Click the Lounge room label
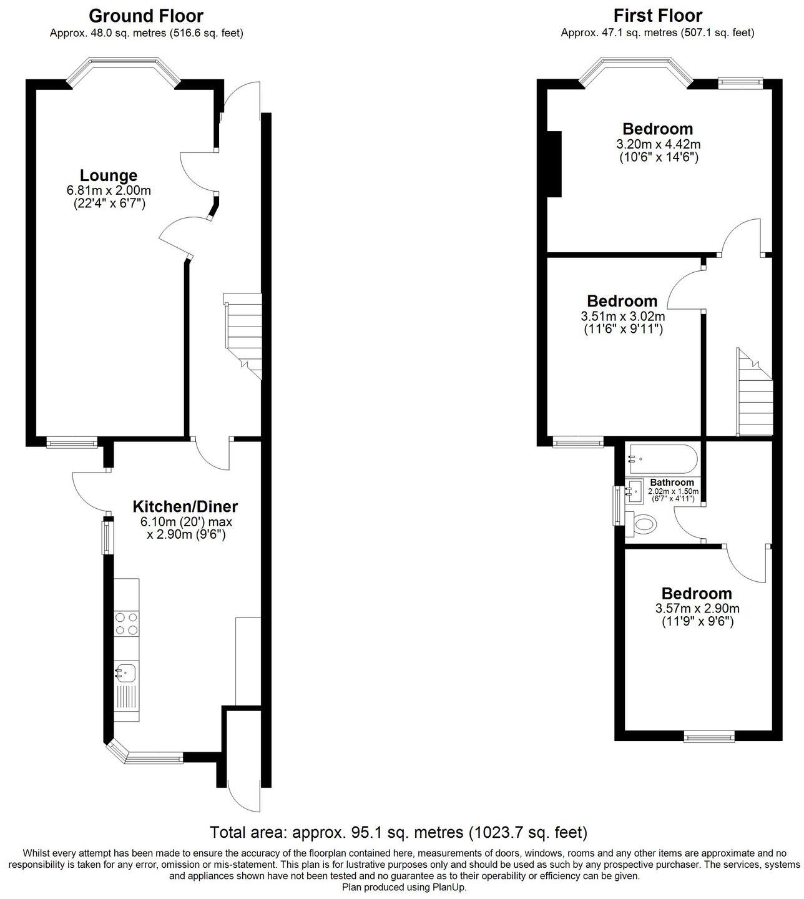coord(109,175)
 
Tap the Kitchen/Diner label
coord(185,506)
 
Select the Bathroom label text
coord(672,483)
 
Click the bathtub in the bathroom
coord(662,460)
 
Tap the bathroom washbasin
coord(635,491)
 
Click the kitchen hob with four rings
coord(126,623)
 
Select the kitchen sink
coord(125,673)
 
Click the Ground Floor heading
coord(146,16)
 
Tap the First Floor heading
coord(657,16)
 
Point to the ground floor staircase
coord(243,335)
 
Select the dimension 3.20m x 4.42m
coord(658,144)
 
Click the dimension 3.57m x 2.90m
coord(697,609)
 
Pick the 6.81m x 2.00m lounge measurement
coord(109,190)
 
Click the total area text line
coord(398,832)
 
